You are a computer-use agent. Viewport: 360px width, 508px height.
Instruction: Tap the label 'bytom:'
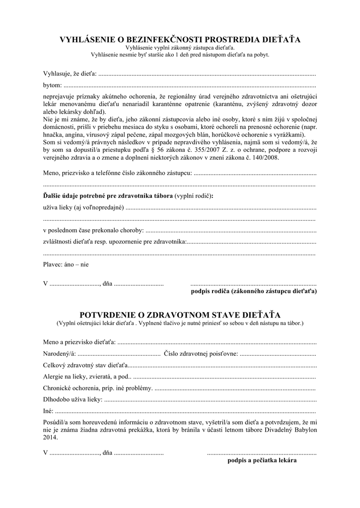pyautogui.click(x=51, y=85)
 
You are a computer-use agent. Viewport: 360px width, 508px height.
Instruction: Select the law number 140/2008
pyautogui.click(x=265, y=158)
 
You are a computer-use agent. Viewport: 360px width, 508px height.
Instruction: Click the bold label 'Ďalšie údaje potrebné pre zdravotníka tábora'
pyautogui.click(x=108, y=196)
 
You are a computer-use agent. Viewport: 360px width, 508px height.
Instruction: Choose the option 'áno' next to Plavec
pyautogui.click(x=70, y=264)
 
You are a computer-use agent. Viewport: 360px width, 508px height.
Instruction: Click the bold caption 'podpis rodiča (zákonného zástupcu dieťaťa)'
pyautogui.click(x=254, y=291)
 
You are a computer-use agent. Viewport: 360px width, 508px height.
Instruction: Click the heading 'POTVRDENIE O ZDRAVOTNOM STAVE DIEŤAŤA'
pyautogui.click(x=180, y=315)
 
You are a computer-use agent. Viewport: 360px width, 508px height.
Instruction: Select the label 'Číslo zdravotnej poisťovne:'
pyautogui.click(x=201, y=354)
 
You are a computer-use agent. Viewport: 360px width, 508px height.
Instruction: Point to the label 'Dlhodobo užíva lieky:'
pyautogui.click(x=73, y=399)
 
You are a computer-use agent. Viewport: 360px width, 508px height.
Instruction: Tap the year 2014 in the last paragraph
pyautogui.click(x=50, y=438)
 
